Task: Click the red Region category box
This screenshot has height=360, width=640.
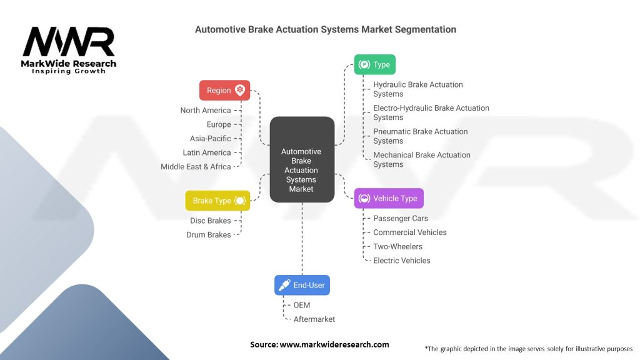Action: (224, 90)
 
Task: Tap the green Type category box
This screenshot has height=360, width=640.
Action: (374, 64)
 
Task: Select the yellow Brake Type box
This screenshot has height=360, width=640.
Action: (217, 201)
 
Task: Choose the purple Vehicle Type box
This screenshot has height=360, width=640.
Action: (389, 198)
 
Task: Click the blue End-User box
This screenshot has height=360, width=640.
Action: (302, 285)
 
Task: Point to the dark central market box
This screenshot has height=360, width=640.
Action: (301, 160)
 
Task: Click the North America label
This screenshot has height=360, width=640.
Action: (206, 111)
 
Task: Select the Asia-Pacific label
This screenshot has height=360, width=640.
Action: (211, 139)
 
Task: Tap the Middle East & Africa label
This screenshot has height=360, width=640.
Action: (196, 167)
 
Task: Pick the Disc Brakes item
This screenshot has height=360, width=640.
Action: (211, 221)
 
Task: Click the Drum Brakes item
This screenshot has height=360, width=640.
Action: (209, 235)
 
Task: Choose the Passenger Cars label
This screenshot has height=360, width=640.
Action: (401, 219)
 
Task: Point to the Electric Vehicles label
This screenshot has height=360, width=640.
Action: (402, 261)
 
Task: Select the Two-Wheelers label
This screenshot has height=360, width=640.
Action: (398, 246)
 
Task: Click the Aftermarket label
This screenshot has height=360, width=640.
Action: (314, 319)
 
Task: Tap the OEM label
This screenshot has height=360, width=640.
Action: (302, 305)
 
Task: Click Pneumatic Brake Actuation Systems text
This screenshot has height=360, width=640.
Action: (421, 136)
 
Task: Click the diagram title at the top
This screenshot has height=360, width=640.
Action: (326, 29)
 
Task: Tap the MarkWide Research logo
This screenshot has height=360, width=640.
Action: (69, 49)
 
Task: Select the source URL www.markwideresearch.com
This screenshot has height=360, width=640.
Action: (319, 344)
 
